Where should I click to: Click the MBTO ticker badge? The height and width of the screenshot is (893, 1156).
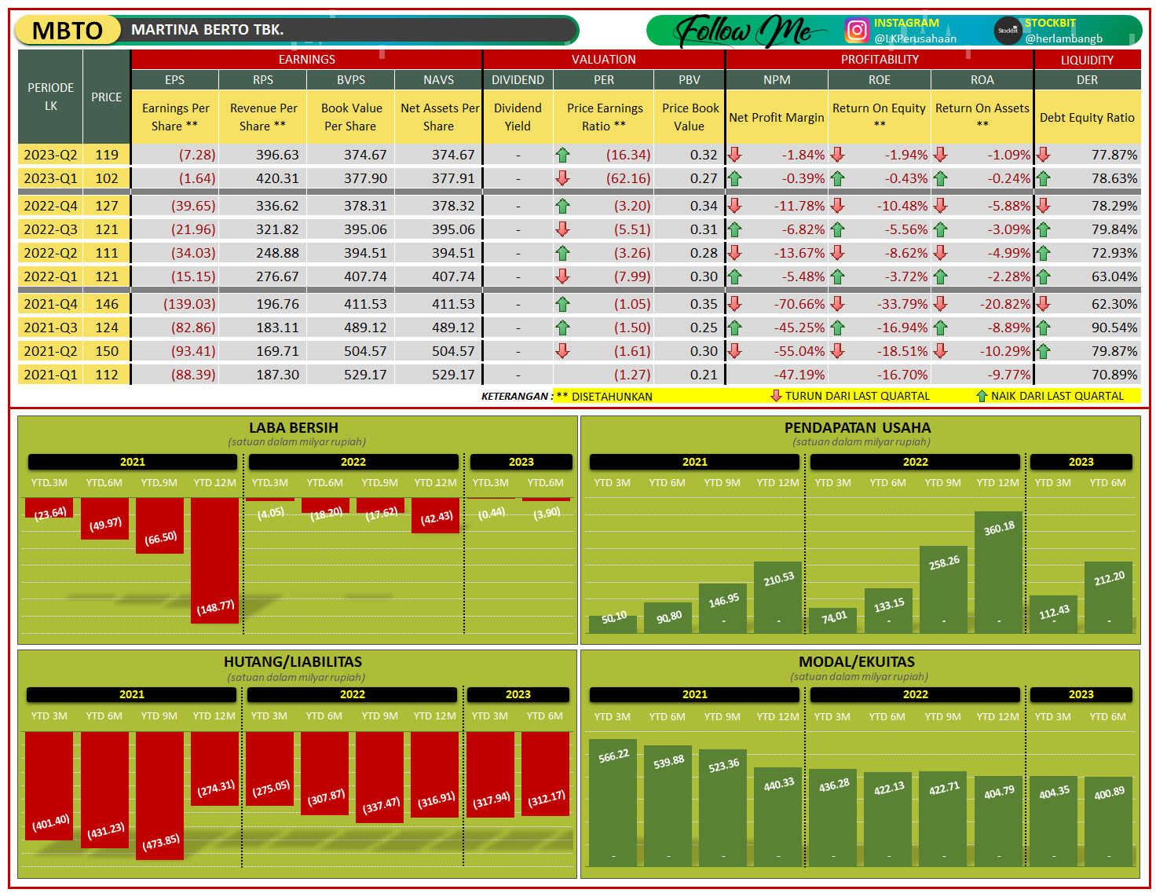(68, 31)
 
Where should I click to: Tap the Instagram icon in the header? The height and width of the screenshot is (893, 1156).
(857, 31)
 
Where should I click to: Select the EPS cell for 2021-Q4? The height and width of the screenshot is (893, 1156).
(189, 304)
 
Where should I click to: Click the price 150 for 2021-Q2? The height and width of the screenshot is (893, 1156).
(107, 351)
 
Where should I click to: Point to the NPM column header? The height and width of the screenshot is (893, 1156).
(777, 80)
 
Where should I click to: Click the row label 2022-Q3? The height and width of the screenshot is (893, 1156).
(50, 229)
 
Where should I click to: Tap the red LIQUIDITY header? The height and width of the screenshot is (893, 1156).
(1087, 60)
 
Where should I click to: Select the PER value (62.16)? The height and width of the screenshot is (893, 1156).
(628, 178)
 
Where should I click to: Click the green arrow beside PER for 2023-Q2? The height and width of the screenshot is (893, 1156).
(562, 155)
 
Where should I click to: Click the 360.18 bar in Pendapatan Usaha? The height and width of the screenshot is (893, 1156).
(998, 572)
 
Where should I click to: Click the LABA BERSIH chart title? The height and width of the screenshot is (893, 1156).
(294, 428)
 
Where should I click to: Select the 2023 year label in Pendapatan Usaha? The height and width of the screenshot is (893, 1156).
(1081, 462)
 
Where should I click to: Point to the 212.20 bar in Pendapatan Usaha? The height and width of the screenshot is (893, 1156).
(1108, 597)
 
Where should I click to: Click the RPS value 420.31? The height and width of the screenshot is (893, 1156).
(277, 178)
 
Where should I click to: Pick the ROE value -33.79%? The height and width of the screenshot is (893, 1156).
(902, 304)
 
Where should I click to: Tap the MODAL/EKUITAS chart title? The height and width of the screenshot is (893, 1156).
(857, 662)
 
